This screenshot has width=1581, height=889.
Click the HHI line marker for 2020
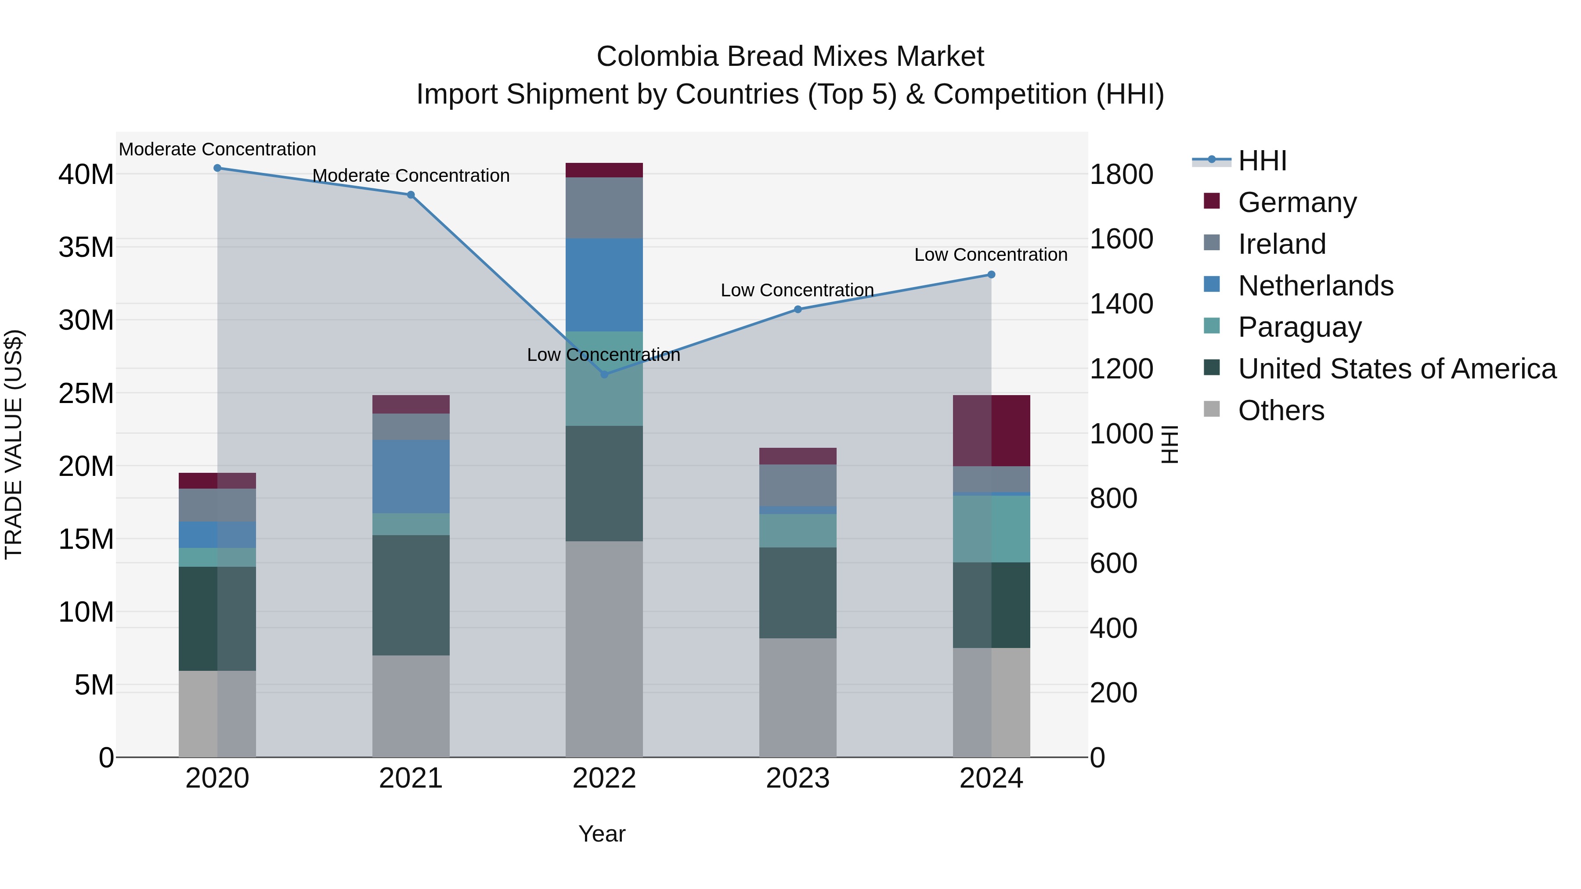click(217, 168)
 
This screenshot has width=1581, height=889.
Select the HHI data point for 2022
click(604, 374)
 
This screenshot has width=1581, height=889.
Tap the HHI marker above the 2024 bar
click(991, 275)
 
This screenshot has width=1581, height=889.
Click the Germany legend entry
click(1296, 202)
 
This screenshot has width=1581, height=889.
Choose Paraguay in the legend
click(1299, 327)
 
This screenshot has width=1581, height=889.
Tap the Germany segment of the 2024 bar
click(991, 431)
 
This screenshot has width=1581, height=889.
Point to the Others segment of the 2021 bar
click(411, 705)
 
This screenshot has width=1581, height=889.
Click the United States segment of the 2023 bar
click(797, 593)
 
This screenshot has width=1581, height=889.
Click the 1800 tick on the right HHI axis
click(1121, 175)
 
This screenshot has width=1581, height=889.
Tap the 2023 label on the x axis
click(797, 778)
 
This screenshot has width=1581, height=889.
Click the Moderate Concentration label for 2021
click(411, 176)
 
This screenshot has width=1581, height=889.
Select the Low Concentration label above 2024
click(991, 255)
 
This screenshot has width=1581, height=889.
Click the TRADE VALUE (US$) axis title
click(14, 444)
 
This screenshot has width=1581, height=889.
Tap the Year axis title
click(602, 834)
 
